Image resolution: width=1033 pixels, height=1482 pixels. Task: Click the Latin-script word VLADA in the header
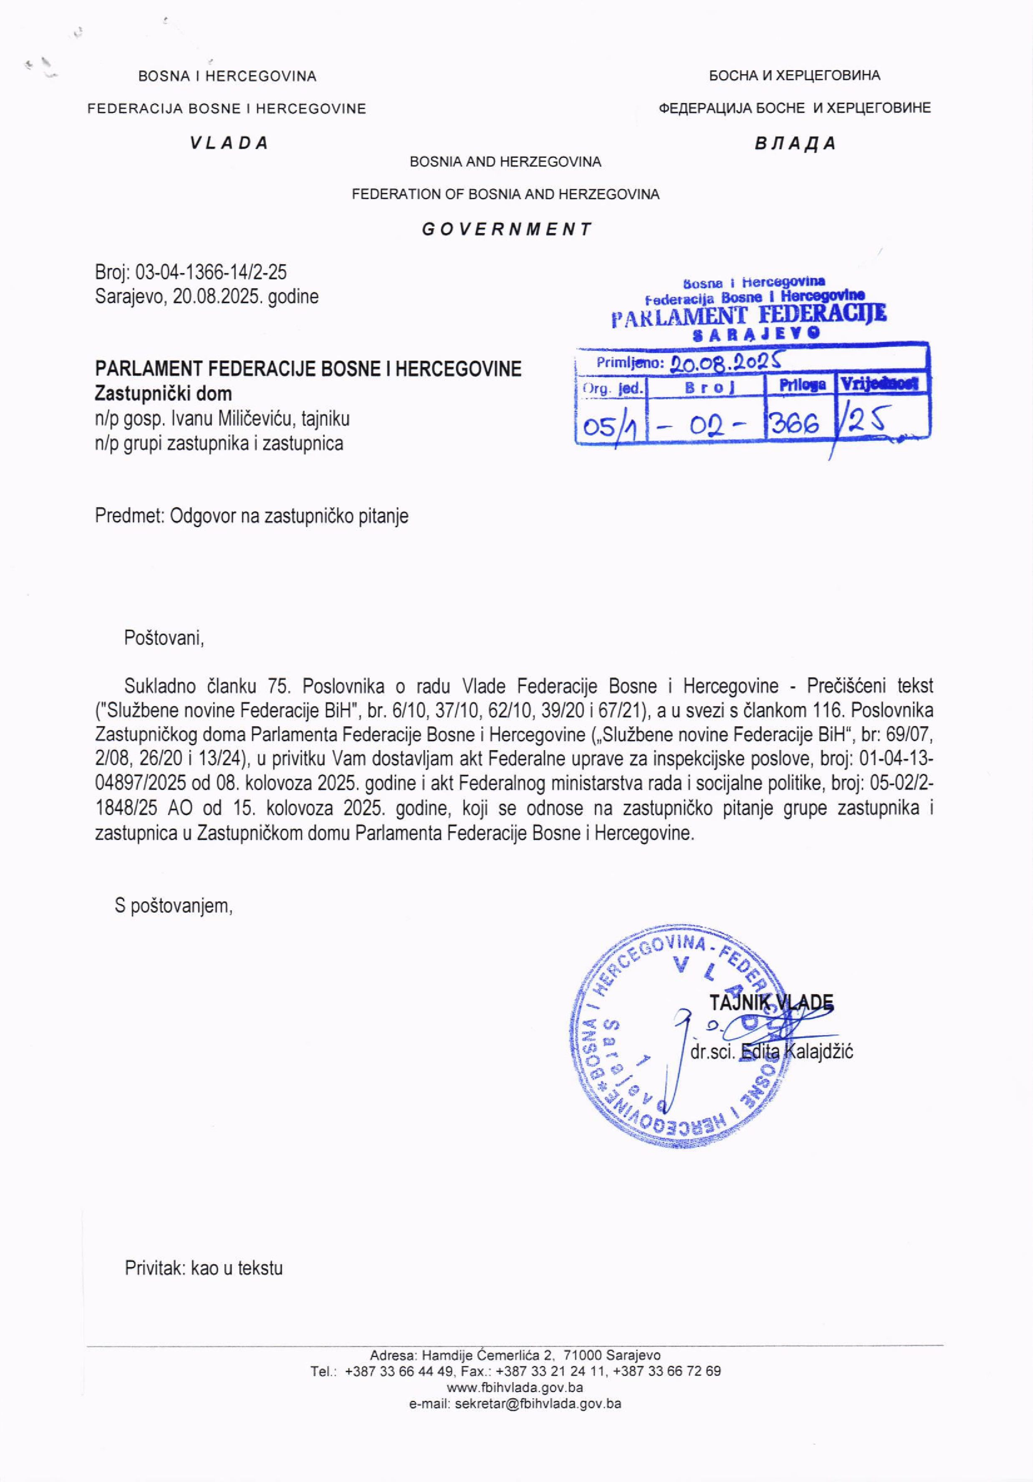tap(229, 143)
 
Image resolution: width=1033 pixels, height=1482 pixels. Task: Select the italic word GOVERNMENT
tap(506, 229)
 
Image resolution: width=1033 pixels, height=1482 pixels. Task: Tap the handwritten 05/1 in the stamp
tap(609, 426)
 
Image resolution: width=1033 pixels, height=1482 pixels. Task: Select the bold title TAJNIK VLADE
tap(771, 1003)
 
